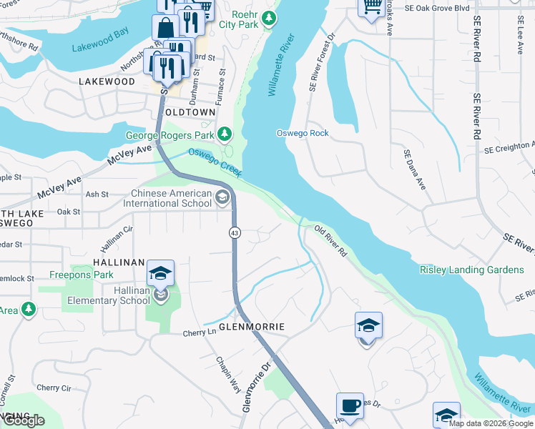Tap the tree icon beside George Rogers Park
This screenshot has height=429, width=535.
tap(225, 134)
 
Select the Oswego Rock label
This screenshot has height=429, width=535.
tap(303, 133)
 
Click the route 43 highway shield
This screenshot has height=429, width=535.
tap(234, 233)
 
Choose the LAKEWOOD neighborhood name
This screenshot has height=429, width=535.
tap(107, 82)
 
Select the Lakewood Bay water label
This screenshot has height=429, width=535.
tap(100, 49)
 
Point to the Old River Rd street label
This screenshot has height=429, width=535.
tap(330, 241)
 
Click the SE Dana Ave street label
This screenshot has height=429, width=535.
tap(414, 169)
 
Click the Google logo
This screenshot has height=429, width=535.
tap(24, 421)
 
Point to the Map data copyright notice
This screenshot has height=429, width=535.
tap(491, 423)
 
